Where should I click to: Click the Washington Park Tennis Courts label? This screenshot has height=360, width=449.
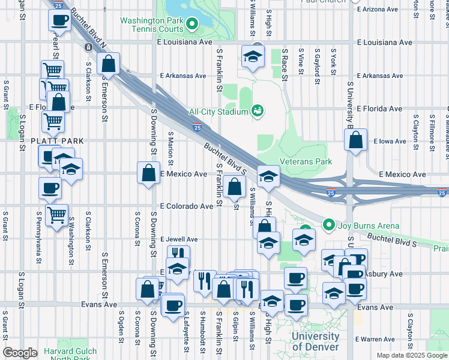[x=151, y=25]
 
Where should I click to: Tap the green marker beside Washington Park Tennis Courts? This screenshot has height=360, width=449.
[x=192, y=25]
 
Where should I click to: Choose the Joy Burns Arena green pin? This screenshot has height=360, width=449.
[x=328, y=226]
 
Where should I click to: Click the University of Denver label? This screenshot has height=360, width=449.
[x=315, y=342]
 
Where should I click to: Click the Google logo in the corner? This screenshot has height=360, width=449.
[x=20, y=353]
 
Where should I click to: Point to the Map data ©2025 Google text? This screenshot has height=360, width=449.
[x=411, y=355]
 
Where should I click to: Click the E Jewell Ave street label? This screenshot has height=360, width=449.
[x=179, y=239]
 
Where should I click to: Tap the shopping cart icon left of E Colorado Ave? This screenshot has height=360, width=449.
[x=56, y=214]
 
